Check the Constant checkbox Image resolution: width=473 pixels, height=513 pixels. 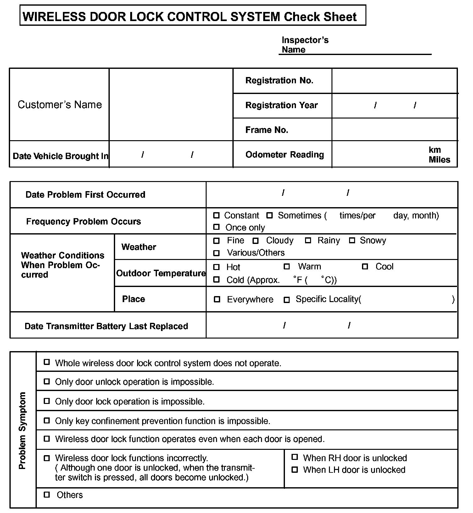[x=216, y=216]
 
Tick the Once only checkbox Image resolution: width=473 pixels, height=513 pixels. [x=216, y=227]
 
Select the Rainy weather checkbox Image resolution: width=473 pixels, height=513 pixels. [x=308, y=241]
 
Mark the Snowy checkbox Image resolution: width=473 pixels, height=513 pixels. [x=352, y=241]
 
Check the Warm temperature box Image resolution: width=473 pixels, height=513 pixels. [x=287, y=267]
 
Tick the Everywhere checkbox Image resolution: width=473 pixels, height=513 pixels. [x=217, y=299]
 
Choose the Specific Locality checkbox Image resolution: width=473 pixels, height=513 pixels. [x=287, y=300]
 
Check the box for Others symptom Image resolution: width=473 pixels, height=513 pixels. [x=47, y=495]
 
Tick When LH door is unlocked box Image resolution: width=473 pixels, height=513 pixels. [x=295, y=470]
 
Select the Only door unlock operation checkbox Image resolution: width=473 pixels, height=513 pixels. [x=47, y=382]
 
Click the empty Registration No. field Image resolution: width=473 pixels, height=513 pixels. [x=394, y=81]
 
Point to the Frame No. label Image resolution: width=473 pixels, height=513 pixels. [x=267, y=130]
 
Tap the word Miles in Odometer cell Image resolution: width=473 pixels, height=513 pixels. [x=439, y=160]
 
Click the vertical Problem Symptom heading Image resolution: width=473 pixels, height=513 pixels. [x=22, y=430]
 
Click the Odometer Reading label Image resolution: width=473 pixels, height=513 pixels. [x=285, y=155]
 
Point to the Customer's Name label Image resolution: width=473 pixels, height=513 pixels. [x=60, y=105]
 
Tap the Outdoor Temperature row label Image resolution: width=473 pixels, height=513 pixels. [x=161, y=273]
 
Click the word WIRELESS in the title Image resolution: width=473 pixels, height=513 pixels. [x=54, y=16]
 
